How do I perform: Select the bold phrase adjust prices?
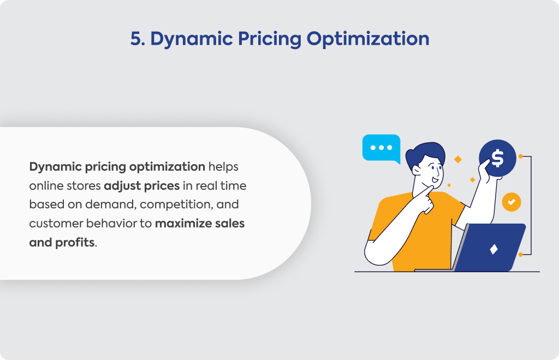(141, 186)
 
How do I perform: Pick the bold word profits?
(75, 243)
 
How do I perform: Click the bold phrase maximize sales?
(200, 223)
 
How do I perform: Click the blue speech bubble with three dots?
(381, 148)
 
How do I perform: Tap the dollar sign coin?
(498, 158)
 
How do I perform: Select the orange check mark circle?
(512, 202)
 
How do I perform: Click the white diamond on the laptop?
(493, 249)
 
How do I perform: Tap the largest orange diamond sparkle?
(458, 159)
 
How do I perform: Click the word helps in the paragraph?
(223, 167)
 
